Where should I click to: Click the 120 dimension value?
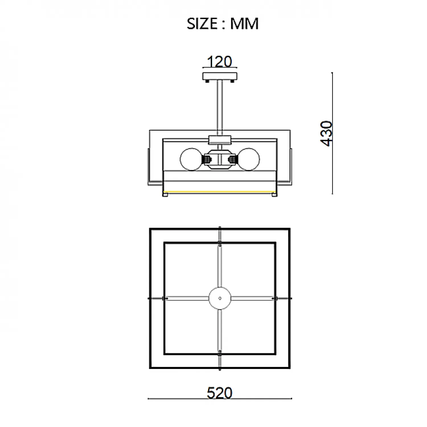pos(219,61)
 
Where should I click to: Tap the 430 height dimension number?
pos(327,134)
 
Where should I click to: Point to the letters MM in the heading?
pos(244,24)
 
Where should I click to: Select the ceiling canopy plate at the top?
pos(220,76)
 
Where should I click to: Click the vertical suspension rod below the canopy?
pos(220,108)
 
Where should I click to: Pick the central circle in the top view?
pos(220,298)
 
